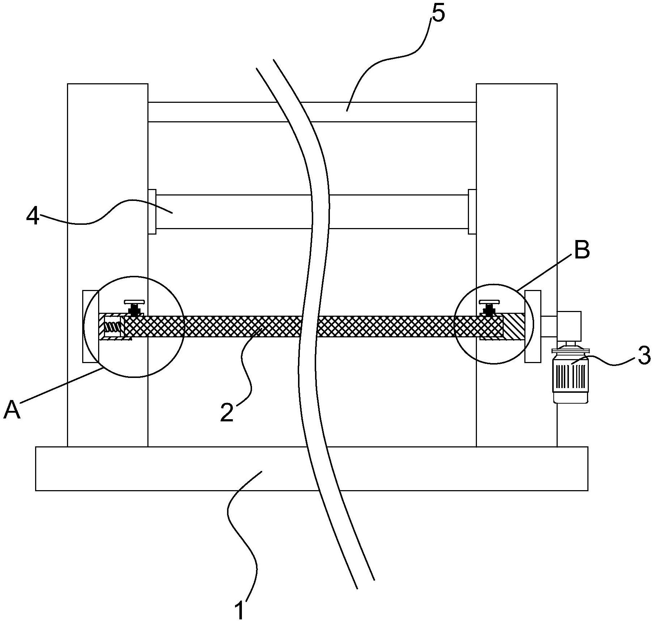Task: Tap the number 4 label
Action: coord(33,217)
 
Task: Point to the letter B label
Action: coord(582,250)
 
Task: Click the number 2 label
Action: coord(227,412)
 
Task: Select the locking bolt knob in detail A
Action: coord(134,307)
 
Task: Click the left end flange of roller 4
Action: coord(152,212)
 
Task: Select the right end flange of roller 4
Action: coord(472,212)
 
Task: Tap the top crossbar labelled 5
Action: coord(312,112)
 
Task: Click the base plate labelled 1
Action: coord(311,468)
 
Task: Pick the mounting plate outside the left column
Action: coord(90,326)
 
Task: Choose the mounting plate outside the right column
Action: coord(533,326)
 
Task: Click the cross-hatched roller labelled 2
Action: coord(314,327)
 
